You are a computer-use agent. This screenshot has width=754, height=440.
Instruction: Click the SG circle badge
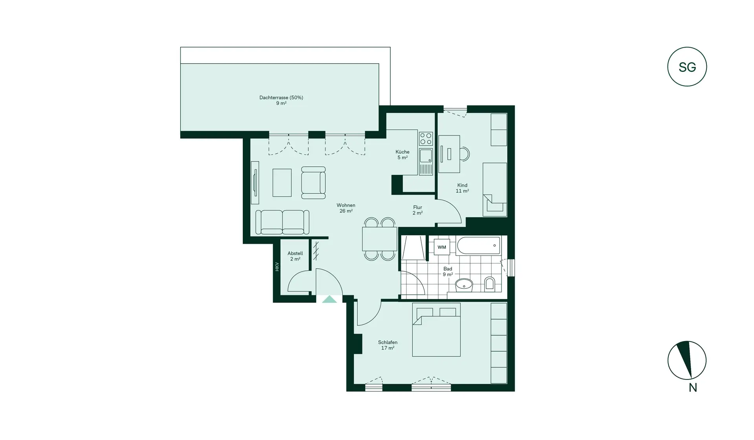[687, 67]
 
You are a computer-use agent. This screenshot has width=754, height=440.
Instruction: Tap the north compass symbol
[687, 360]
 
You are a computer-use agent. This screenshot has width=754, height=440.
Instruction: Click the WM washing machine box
[442, 247]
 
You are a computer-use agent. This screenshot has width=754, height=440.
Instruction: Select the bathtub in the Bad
[479, 246]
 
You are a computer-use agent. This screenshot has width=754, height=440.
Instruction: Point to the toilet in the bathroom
[489, 284]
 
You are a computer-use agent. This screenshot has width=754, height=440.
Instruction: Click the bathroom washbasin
[464, 285]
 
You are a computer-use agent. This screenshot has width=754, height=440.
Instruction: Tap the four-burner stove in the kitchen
[426, 139]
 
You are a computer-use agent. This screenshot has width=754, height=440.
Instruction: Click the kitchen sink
[426, 156]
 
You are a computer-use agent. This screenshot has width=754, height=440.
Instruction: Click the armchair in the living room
[313, 183]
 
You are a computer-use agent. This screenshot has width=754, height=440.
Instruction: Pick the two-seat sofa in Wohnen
[282, 222]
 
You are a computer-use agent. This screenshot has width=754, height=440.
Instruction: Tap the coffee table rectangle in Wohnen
[282, 183]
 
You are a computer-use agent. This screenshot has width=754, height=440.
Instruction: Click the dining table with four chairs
[379, 239]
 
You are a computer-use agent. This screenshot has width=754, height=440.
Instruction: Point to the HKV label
[277, 267]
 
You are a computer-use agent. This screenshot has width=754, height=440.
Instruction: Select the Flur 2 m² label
[417, 210]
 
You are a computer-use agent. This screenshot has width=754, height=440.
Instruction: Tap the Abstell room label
[295, 256]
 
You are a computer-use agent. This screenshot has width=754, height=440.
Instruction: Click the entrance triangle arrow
[329, 299]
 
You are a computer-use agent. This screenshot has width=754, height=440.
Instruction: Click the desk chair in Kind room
[465, 154]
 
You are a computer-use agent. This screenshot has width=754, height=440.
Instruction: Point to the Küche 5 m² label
[402, 154]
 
